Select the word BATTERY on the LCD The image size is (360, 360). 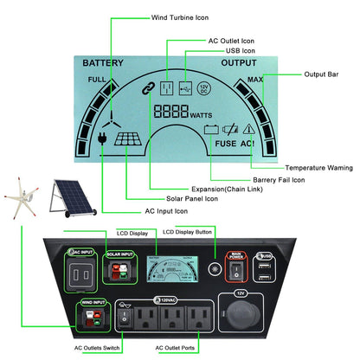(104, 63)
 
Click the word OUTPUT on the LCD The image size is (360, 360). (239, 63)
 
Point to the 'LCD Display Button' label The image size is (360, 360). (188, 232)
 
